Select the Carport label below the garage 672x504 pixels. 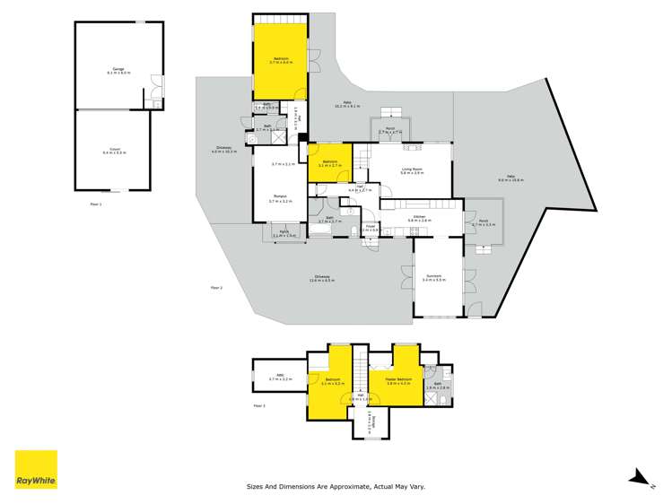tap(115, 151)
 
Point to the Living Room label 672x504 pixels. tap(412, 169)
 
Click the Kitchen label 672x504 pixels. tap(419, 217)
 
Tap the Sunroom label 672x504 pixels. tap(434, 278)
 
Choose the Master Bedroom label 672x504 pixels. tap(398, 381)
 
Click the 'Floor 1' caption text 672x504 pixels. tap(96, 204)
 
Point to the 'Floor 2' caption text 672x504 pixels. tap(215, 287)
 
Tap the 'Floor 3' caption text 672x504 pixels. tap(259, 406)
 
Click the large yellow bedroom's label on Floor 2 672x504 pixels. tap(282, 60)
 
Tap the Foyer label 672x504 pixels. tap(369, 228)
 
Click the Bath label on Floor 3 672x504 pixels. tap(438, 386)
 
